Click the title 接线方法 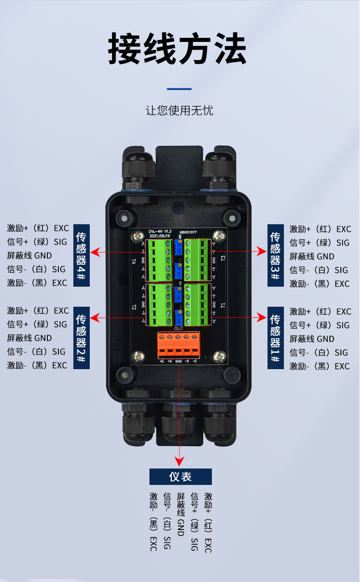point(177,49)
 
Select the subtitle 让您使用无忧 point(180,111)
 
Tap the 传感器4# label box point(82,255)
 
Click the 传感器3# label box point(275,255)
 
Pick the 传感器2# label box point(82,337)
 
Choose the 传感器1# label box point(275,338)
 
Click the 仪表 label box point(180,477)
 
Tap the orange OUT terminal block point(179,345)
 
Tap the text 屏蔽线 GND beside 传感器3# point(312,257)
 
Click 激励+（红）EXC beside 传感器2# point(38,311)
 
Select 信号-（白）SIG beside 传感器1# point(319,353)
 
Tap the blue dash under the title point(180,89)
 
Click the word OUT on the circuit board point(179,329)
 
